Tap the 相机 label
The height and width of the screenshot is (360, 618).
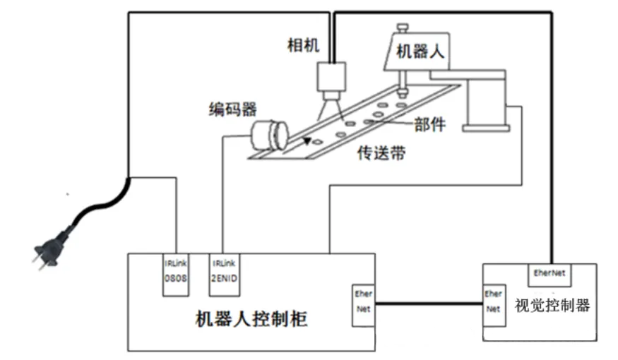pyautogui.click(x=303, y=46)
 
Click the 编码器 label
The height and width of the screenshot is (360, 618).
pyautogui.click(x=232, y=109)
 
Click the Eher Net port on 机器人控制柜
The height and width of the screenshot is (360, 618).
pyautogui.click(x=363, y=304)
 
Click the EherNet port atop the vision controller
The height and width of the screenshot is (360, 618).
pyautogui.click(x=549, y=270)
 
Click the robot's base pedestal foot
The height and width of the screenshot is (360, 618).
pyautogui.click(x=487, y=127)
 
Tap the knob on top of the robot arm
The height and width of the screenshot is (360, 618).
pyautogui.click(x=403, y=28)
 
